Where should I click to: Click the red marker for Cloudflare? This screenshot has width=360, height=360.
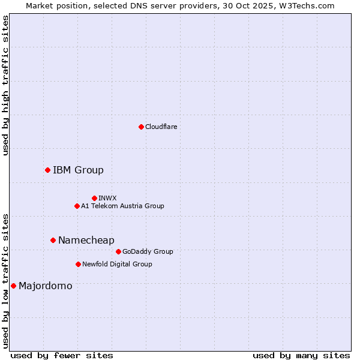[141, 127]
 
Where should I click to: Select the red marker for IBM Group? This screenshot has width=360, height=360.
[47, 170]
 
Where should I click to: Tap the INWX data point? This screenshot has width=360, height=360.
[94, 198]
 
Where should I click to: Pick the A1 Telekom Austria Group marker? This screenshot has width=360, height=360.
[77, 206]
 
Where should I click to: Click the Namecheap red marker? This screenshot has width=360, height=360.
[53, 240]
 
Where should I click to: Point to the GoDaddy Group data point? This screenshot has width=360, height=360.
[118, 251]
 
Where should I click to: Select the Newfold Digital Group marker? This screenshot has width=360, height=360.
[78, 264]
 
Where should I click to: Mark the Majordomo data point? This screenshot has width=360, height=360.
[13, 286]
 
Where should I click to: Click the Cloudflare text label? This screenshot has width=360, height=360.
[161, 127]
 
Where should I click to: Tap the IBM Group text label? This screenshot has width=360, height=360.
[78, 170]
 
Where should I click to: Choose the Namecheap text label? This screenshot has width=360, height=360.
[86, 240]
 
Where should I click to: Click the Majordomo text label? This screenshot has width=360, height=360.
[45, 286]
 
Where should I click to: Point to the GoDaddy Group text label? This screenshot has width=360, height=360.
[148, 251]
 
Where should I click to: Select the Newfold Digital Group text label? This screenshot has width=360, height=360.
[117, 264]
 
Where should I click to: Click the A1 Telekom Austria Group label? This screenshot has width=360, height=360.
[122, 206]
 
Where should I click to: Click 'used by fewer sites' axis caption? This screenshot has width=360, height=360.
[62, 355]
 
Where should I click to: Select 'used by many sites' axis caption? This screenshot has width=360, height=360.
[301, 355]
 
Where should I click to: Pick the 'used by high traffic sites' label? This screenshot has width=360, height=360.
[5, 85]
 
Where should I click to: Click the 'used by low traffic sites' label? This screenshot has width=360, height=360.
[5, 280]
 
